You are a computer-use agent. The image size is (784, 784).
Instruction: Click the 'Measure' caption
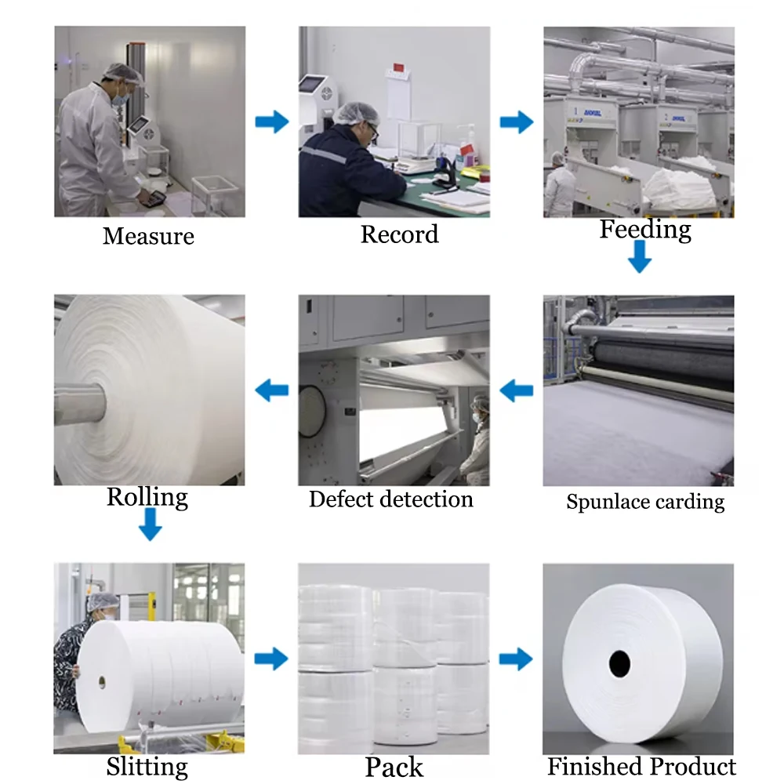(x=148, y=235)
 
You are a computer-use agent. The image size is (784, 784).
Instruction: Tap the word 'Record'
(x=399, y=234)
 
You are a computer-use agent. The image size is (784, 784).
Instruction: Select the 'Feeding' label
(x=645, y=230)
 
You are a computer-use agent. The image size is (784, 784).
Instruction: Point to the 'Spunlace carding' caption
(x=645, y=502)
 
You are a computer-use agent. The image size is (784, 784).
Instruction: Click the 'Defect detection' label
(x=390, y=499)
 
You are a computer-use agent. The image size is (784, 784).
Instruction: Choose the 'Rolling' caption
(x=147, y=497)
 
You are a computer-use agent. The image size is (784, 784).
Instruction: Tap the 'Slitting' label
(x=147, y=766)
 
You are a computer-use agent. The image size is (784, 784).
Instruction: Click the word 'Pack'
(x=394, y=767)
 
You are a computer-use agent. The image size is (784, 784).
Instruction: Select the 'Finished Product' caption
(x=641, y=766)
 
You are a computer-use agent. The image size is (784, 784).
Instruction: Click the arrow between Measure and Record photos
(x=272, y=122)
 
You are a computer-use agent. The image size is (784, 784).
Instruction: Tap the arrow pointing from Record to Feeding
(x=517, y=122)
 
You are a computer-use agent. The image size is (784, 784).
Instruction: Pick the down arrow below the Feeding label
(x=640, y=257)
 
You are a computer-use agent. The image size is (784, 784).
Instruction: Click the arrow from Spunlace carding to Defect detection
(x=517, y=389)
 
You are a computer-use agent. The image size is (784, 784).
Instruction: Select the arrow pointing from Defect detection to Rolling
(x=272, y=389)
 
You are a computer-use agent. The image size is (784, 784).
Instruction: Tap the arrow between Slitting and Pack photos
(x=272, y=659)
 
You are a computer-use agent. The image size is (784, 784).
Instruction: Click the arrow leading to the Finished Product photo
(x=517, y=659)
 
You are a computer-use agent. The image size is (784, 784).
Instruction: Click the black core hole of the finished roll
(x=619, y=663)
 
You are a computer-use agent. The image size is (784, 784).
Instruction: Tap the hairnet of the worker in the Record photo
(x=357, y=112)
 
